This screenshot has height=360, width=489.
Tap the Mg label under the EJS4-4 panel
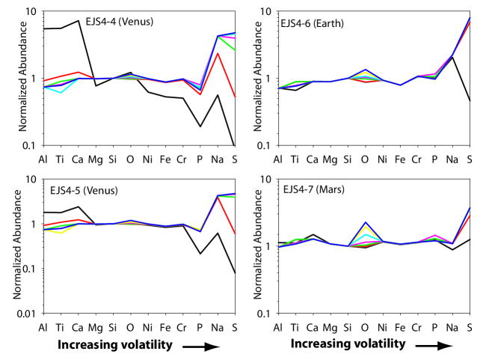tap(96, 159)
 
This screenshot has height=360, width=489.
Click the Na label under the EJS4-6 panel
tap(451, 159)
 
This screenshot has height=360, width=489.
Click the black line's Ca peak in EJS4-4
tap(79, 21)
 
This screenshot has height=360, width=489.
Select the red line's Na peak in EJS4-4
tap(218, 53)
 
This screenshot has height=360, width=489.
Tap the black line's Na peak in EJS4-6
tap(452, 57)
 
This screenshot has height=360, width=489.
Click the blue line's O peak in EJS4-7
tap(365, 222)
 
